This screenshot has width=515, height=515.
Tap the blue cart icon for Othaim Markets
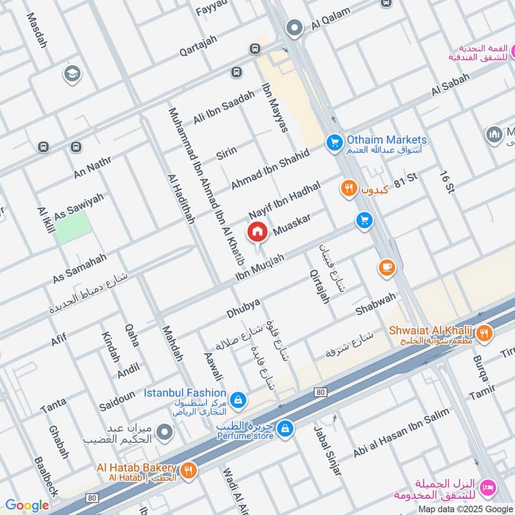click(x=333, y=142)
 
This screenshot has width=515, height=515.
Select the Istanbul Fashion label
click(x=184, y=392)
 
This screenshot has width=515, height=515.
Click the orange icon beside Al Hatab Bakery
click(x=188, y=469)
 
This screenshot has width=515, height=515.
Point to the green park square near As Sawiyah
click(x=72, y=227)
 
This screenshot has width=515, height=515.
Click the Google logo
click(x=26, y=505)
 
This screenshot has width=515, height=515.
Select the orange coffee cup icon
click(x=386, y=267)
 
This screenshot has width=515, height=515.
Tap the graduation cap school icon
click(x=72, y=74)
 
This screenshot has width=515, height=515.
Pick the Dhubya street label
click(x=243, y=308)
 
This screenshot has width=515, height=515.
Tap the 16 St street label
click(x=447, y=182)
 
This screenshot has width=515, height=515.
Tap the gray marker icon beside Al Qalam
click(x=295, y=28)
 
